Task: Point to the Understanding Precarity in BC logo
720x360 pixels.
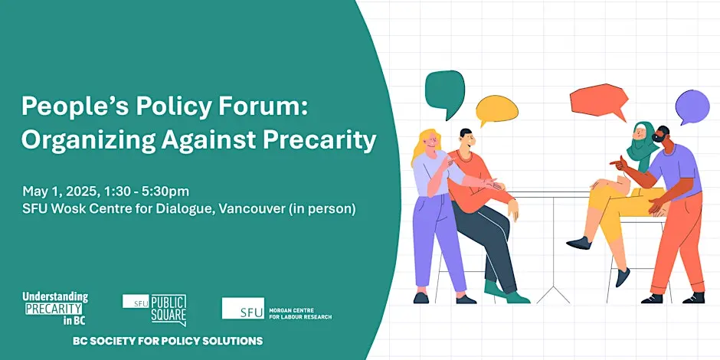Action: tap(55, 309)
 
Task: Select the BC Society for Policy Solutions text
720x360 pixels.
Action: tap(168, 341)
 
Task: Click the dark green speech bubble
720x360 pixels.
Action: tap(444, 92)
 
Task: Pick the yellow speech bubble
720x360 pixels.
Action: tap(496, 110)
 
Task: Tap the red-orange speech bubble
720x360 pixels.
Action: tap(599, 101)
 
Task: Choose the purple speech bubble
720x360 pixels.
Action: tap(692, 106)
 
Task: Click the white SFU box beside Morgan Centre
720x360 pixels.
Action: tap(243, 308)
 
